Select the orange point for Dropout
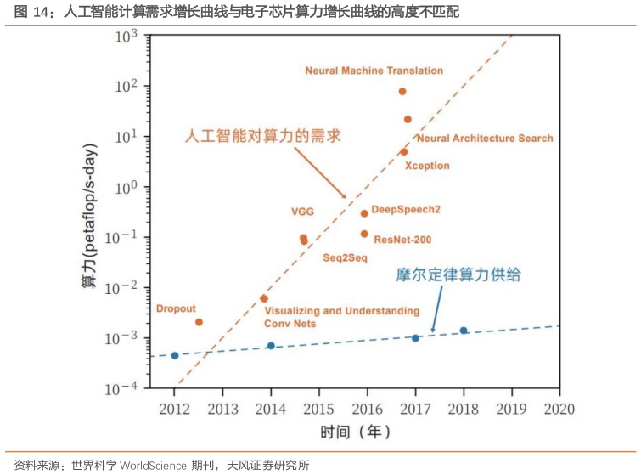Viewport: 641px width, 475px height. [x=199, y=322]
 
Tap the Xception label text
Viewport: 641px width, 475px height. [x=427, y=166]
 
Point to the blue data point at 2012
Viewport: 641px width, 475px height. [x=175, y=355]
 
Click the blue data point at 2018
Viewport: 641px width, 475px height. [x=464, y=331]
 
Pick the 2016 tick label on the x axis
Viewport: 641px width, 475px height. [x=367, y=409]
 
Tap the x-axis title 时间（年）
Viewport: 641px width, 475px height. [x=356, y=432]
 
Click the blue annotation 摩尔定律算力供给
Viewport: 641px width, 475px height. [x=458, y=274]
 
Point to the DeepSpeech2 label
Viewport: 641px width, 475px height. [x=406, y=209]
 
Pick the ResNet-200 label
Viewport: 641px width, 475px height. [x=402, y=240]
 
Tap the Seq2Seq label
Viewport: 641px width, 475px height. [x=344, y=256]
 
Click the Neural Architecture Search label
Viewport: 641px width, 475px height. [x=485, y=139]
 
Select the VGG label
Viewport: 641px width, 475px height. [x=302, y=211]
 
